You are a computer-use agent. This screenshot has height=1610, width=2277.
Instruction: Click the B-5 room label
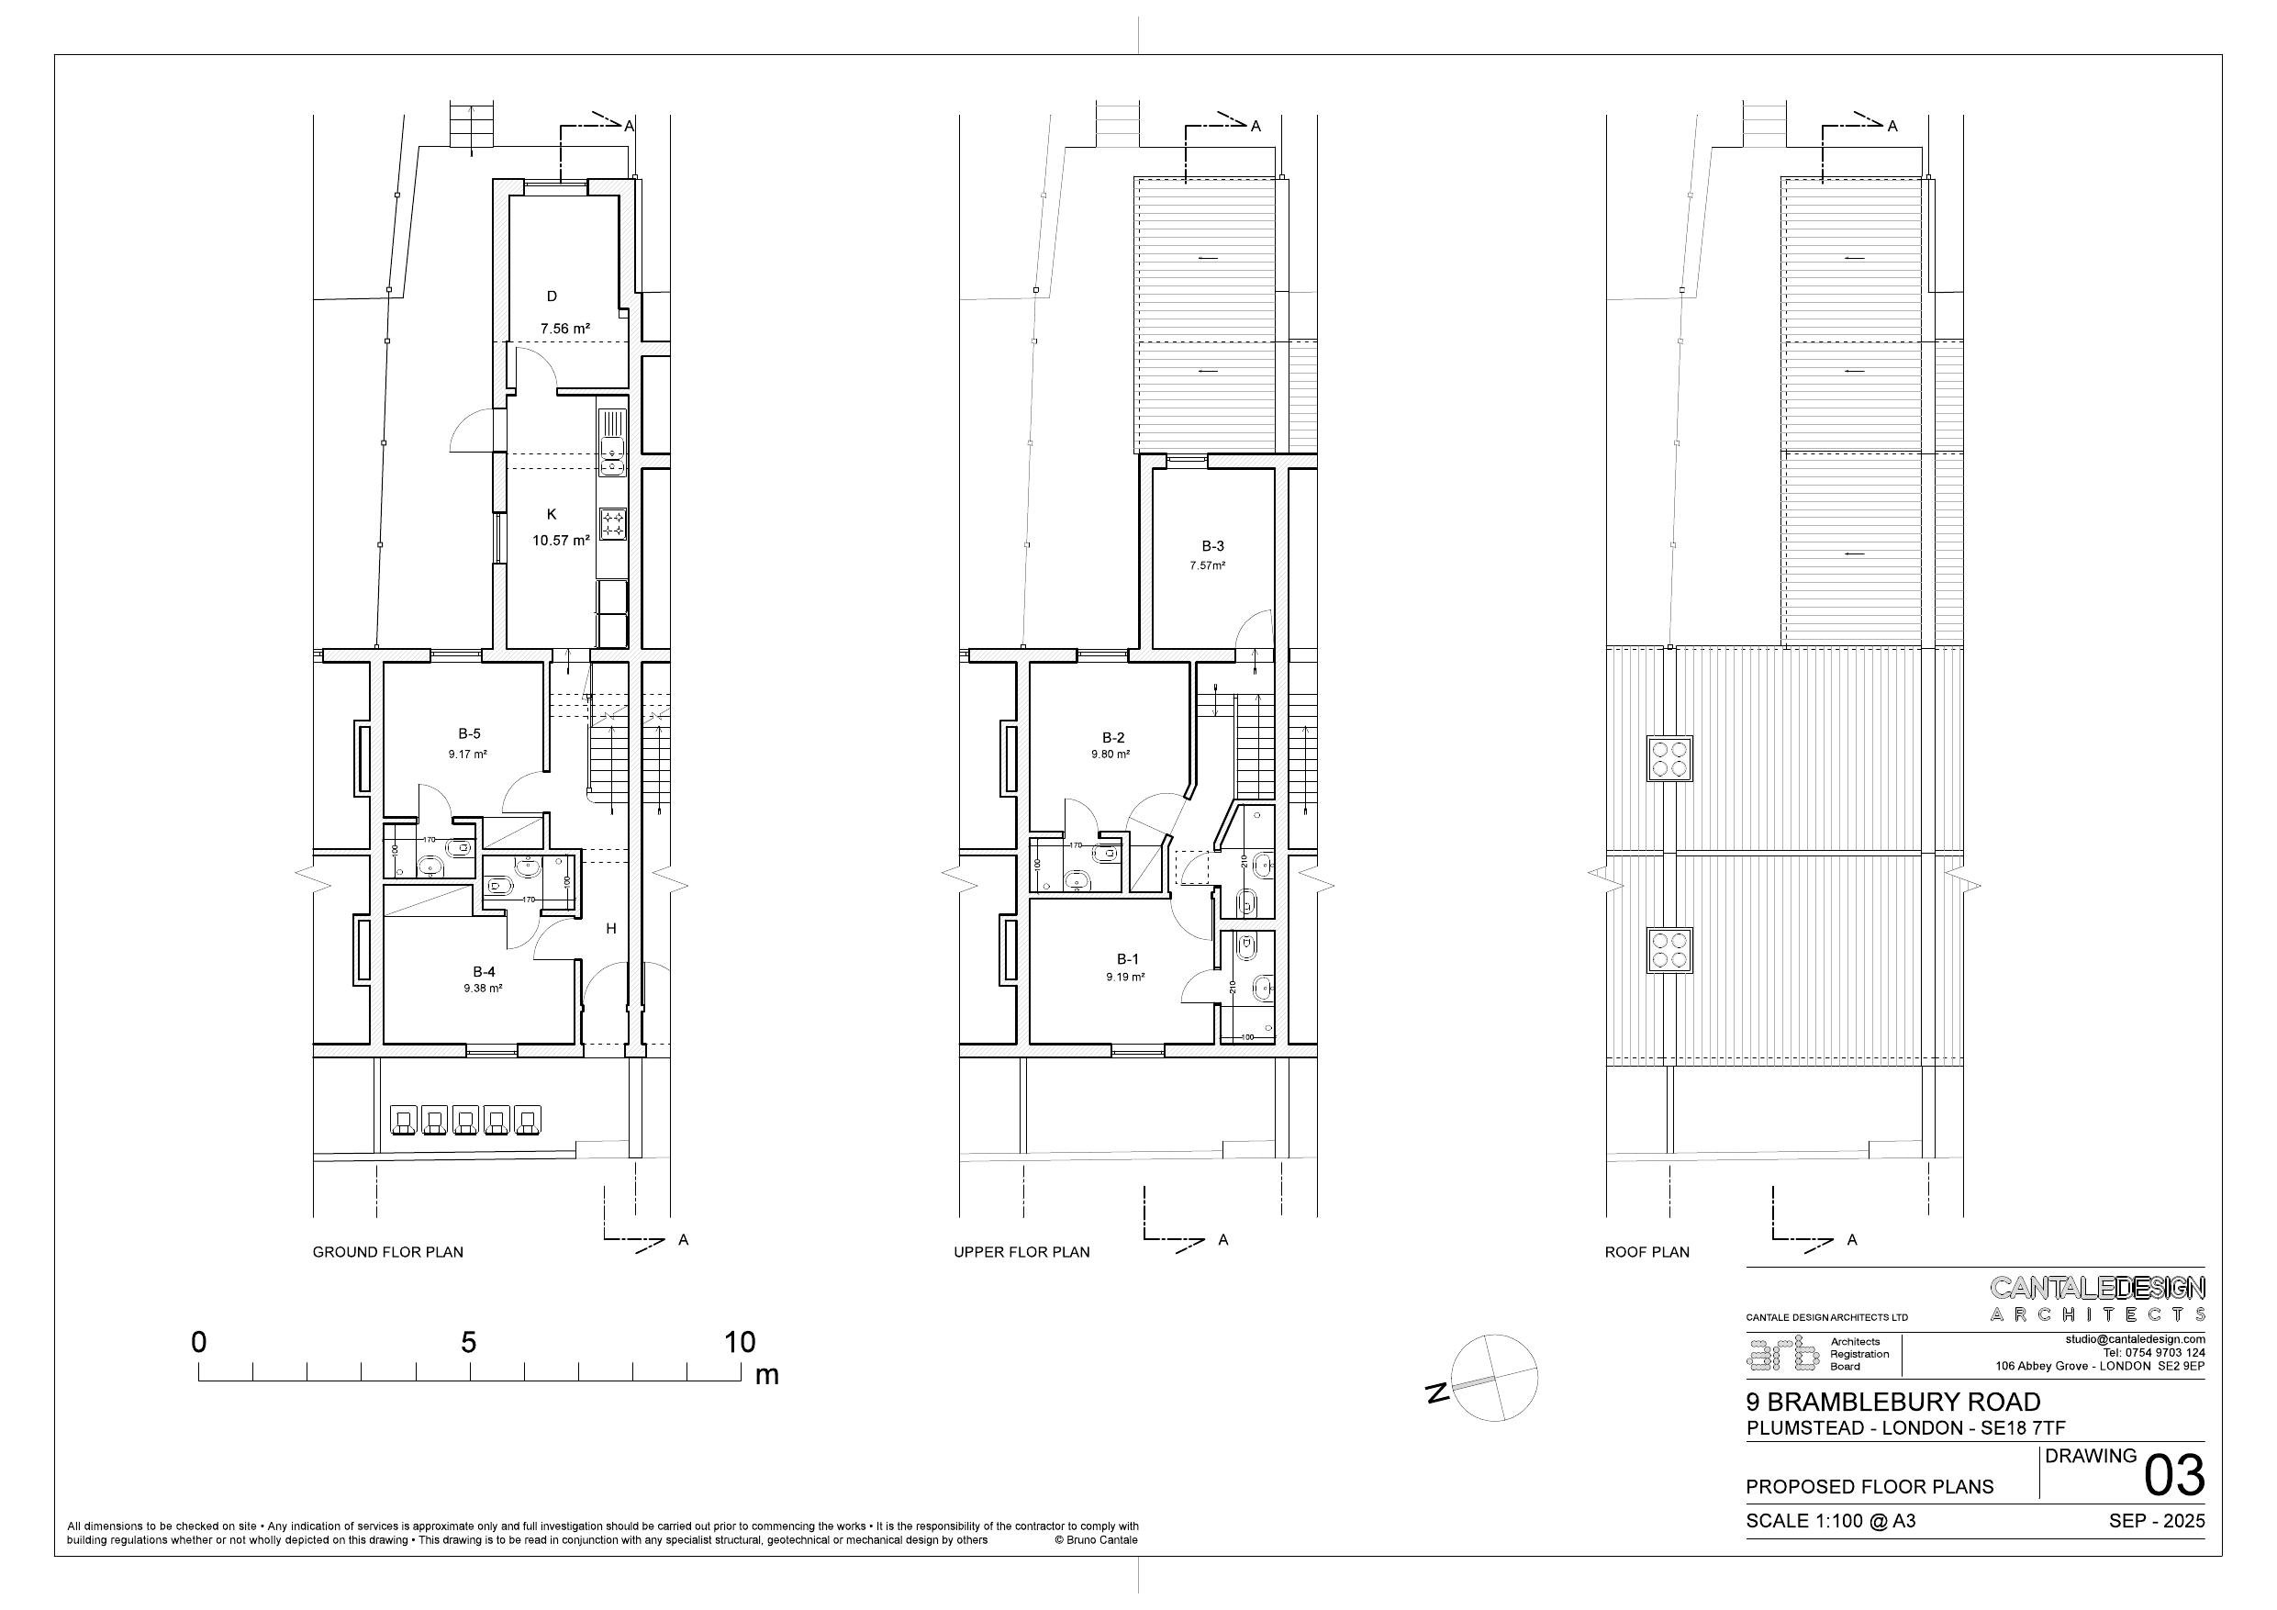pyautogui.click(x=469, y=734)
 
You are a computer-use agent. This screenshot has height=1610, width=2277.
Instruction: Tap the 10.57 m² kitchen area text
pyautogui.click(x=561, y=541)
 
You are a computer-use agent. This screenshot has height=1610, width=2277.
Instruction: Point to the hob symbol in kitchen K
pyautogui.click(x=613, y=523)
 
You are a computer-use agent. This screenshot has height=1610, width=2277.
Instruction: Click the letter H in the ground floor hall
pyautogui.click(x=611, y=929)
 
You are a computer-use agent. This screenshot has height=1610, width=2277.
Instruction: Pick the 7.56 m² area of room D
pyautogui.click(x=565, y=329)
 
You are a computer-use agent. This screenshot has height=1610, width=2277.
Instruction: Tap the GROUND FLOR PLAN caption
pyautogui.click(x=388, y=1252)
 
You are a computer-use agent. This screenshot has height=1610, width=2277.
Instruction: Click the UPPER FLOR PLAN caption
pyautogui.click(x=1021, y=1252)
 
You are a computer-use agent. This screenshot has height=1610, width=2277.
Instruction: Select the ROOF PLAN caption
pyautogui.click(x=1646, y=1252)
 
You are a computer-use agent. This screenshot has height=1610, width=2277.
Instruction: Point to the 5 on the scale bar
pyautogui.click(x=468, y=1342)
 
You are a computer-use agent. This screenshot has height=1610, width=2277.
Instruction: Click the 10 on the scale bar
pyautogui.click(x=740, y=1342)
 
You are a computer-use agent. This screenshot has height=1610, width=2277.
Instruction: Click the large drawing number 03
pyautogui.click(x=2174, y=1476)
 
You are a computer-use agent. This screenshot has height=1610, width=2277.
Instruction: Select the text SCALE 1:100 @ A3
pyautogui.click(x=1831, y=1521)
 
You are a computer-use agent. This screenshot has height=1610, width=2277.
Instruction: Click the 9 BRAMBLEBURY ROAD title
pyautogui.click(x=1893, y=1402)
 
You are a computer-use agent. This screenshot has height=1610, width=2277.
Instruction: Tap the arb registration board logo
pyautogui.click(x=1782, y=1354)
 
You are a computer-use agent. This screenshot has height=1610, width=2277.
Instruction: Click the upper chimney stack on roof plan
pyautogui.click(x=1669, y=759)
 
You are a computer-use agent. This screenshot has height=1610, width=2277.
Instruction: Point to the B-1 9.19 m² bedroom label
pyautogui.click(x=1127, y=967)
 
